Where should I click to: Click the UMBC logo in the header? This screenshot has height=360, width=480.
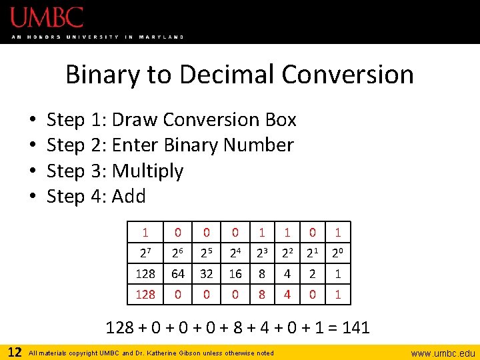coord(47,17)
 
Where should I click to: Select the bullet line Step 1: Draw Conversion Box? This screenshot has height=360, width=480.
coord(171,120)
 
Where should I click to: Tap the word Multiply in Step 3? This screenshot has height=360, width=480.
coord(147,171)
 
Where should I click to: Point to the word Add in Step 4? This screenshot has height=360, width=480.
coord(129,197)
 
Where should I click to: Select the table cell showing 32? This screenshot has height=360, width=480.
coord(207,273)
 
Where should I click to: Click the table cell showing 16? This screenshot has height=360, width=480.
coord(235,273)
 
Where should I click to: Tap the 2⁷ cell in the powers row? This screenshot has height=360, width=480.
coord(145,253)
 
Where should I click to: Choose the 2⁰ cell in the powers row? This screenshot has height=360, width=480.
coord(338,253)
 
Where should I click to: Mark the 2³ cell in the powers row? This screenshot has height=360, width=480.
coord(261,253)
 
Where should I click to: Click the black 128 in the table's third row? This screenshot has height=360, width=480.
coord(145,273)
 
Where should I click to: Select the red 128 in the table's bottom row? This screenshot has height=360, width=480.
coord(145,294)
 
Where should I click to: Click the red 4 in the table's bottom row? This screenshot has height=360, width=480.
coord(287,294)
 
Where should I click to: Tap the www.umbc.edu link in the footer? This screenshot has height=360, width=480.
coord(443,353)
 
